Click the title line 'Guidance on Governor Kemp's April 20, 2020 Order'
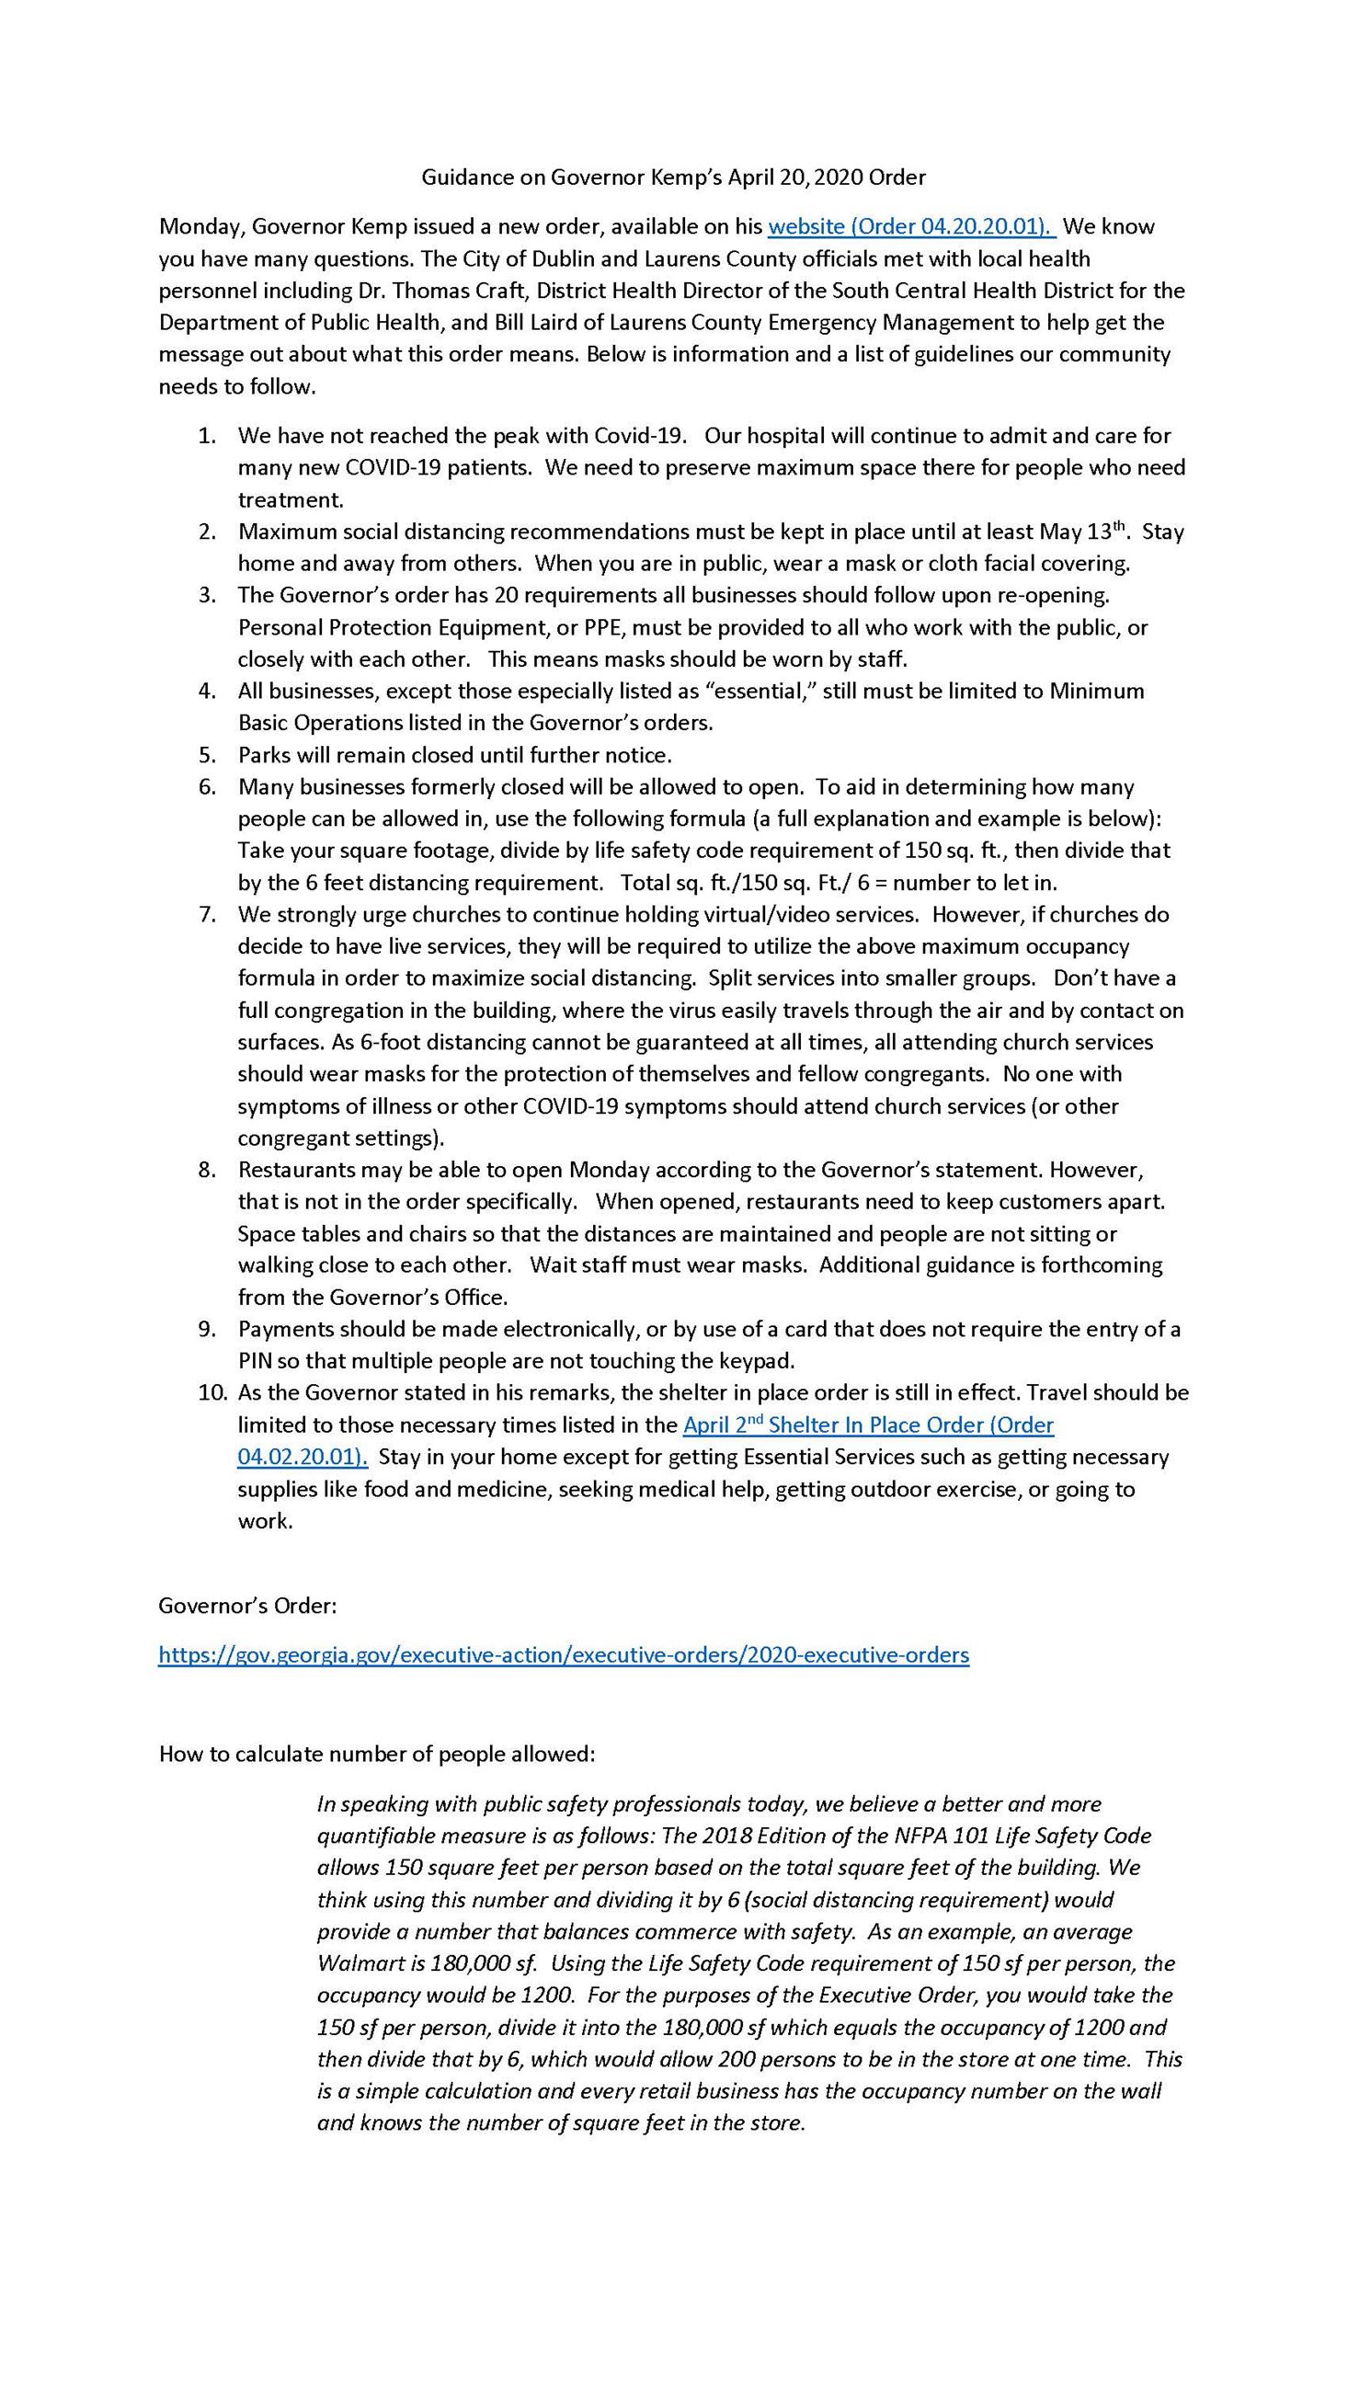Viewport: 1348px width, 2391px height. point(673,177)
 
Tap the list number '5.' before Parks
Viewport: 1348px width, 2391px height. point(207,754)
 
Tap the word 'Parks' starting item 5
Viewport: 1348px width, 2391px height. point(264,754)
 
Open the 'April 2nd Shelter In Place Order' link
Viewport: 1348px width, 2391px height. point(868,1424)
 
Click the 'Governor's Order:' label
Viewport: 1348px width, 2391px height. point(247,1605)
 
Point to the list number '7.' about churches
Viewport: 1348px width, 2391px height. point(207,913)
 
